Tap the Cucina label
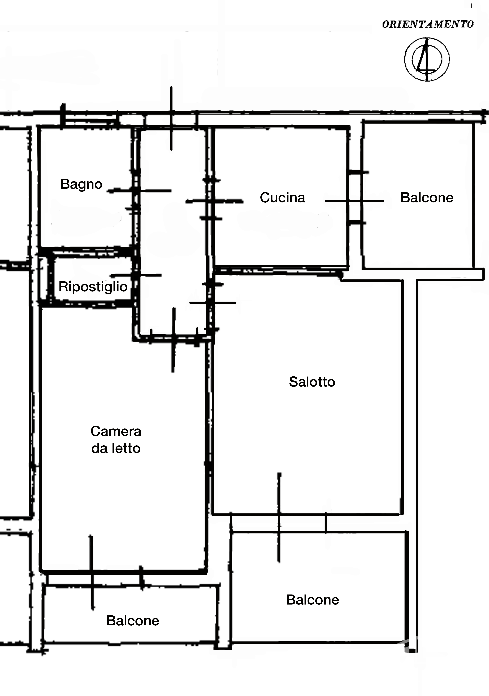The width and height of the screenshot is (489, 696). click(x=282, y=198)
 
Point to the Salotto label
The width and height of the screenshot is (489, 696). click(x=312, y=382)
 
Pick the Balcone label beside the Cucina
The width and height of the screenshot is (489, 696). click(x=427, y=198)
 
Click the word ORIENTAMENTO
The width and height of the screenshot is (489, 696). click(x=428, y=24)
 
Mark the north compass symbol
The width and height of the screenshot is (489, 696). click(x=427, y=59)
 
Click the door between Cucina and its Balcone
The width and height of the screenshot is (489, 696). click(x=354, y=201)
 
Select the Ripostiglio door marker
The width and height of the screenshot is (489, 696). click(x=136, y=275)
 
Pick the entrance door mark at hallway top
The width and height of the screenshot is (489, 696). click(x=171, y=118)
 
